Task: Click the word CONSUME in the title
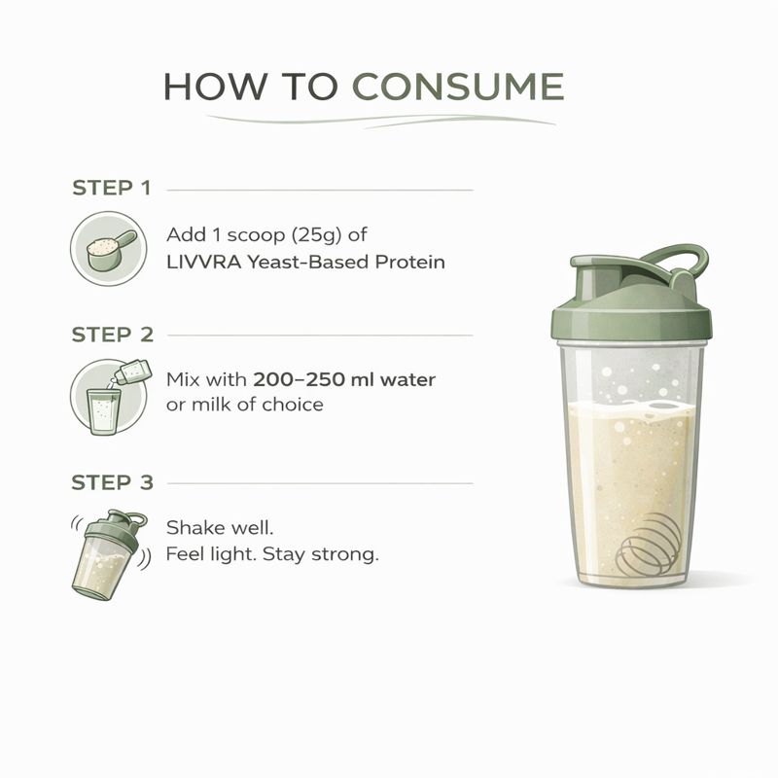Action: click(x=457, y=87)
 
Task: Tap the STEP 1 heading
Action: click(x=112, y=188)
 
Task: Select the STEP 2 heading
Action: click(x=112, y=335)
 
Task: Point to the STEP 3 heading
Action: click(x=112, y=482)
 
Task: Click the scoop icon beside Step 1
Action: click(x=108, y=249)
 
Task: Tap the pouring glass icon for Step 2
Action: click(x=108, y=395)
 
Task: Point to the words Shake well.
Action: click(x=221, y=529)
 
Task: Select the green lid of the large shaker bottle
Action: click(x=630, y=311)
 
